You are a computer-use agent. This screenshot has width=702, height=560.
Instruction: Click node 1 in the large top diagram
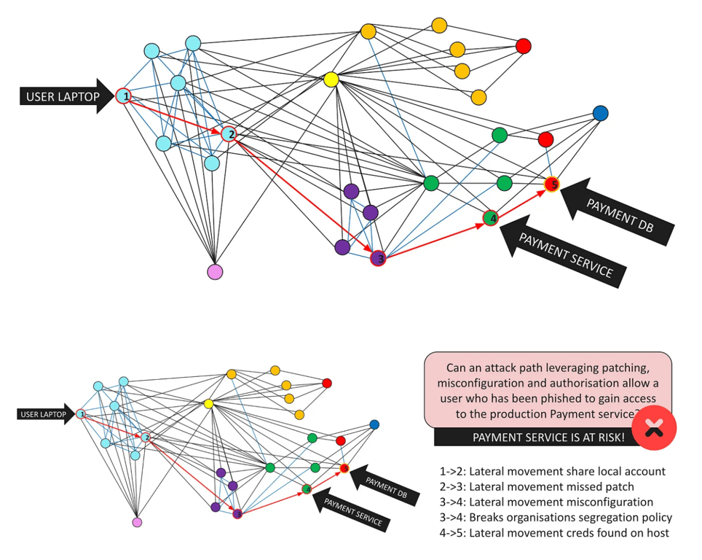click(x=125, y=96)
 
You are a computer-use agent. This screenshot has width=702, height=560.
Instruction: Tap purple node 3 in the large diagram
click(x=378, y=258)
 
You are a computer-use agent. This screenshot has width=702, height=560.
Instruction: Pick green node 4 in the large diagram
click(x=491, y=217)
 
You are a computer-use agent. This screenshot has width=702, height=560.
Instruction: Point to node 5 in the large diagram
click(x=553, y=184)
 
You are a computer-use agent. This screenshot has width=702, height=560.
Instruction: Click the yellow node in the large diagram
click(x=331, y=79)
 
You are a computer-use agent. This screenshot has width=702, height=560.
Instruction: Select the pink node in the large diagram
click(x=215, y=272)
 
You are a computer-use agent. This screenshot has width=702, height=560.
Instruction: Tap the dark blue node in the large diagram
click(x=600, y=114)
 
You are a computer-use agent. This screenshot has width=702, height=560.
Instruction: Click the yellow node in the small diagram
click(x=208, y=404)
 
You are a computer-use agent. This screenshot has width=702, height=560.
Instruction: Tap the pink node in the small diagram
click(x=137, y=522)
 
